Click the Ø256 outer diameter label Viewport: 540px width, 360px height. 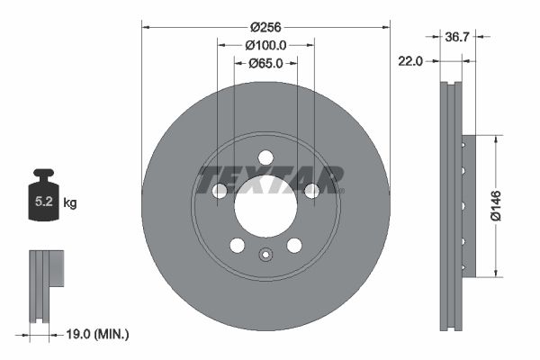tap(265, 27)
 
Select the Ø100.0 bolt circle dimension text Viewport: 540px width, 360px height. tap(265, 45)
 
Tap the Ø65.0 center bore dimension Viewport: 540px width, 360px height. tap(265, 63)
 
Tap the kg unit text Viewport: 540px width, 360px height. tap(70, 203)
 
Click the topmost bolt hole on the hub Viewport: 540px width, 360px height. tap(265, 157)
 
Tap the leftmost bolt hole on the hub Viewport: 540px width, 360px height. tap(220, 190)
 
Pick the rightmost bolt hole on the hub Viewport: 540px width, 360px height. tap(311, 190)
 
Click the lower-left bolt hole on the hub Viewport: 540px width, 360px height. tap(238, 245)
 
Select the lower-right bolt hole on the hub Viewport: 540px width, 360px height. tap(293, 245)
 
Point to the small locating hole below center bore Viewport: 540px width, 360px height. tap(265, 255)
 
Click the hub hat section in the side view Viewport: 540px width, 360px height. tap(466, 207)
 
